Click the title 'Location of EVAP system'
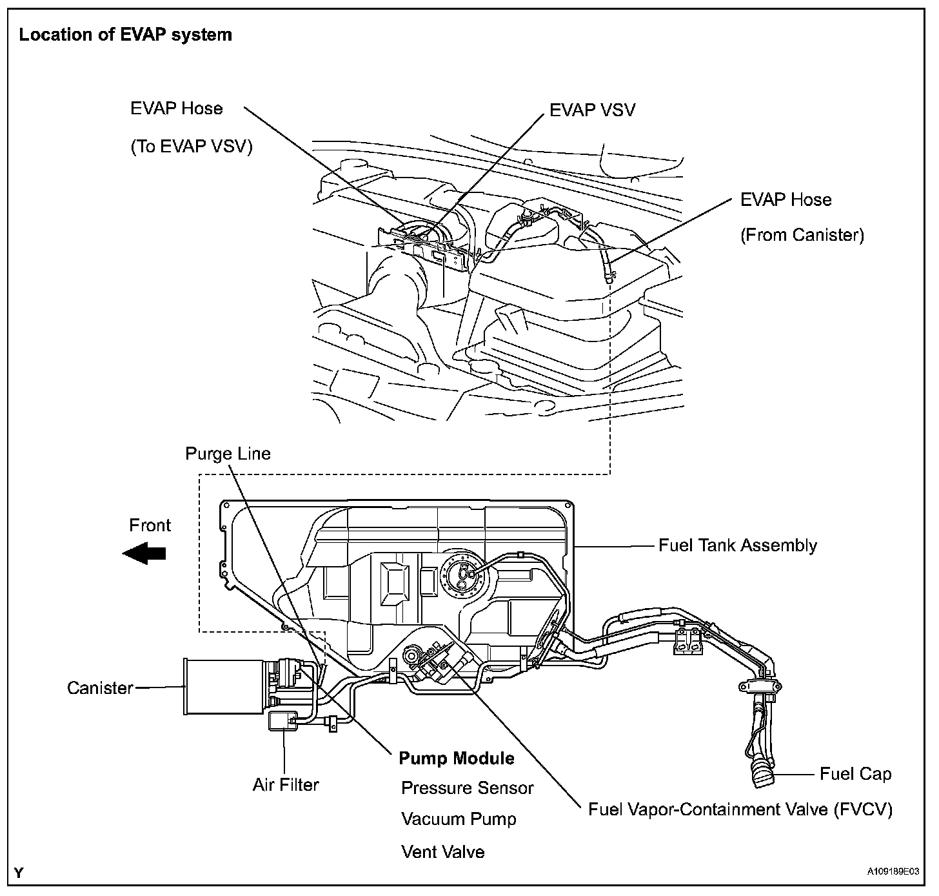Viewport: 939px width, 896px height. tap(125, 35)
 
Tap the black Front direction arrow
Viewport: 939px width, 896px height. tap(144, 553)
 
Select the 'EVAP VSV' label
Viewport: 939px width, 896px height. tap(592, 110)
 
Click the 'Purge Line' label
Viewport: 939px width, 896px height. tap(228, 454)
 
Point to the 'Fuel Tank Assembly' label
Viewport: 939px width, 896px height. tap(737, 545)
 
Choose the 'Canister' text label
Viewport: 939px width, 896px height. tap(100, 687)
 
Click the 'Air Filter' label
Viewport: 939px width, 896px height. tap(286, 785)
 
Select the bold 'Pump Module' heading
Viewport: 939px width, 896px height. tap(457, 758)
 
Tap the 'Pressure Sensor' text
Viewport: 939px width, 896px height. tap(468, 788)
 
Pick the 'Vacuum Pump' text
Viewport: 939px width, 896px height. tap(459, 819)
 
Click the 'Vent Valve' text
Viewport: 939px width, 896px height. tap(442, 851)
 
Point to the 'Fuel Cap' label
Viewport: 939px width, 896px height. tap(855, 774)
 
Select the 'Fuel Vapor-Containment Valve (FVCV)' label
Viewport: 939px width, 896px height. tap(740, 809)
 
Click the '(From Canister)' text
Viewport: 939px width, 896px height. tap(802, 235)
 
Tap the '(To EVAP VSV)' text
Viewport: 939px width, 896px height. tap(192, 147)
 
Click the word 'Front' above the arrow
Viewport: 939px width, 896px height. tap(150, 525)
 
